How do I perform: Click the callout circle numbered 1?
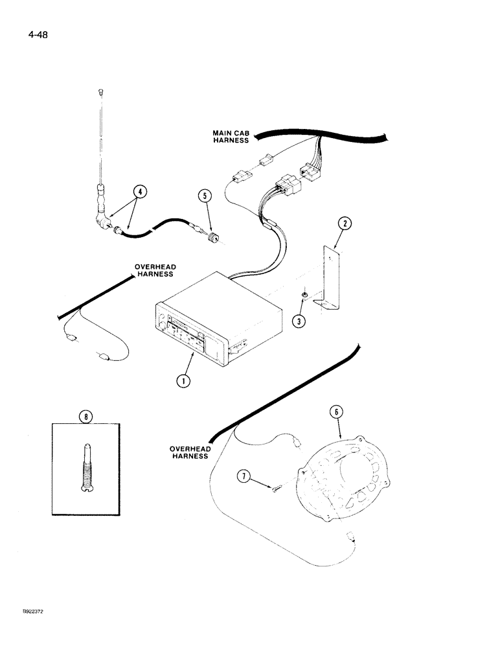[x=184, y=381]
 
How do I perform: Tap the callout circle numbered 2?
[x=345, y=224]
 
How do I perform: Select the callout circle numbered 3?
[x=299, y=319]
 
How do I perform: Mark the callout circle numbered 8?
[x=84, y=417]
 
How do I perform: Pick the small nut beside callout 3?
[x=304, y=296]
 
